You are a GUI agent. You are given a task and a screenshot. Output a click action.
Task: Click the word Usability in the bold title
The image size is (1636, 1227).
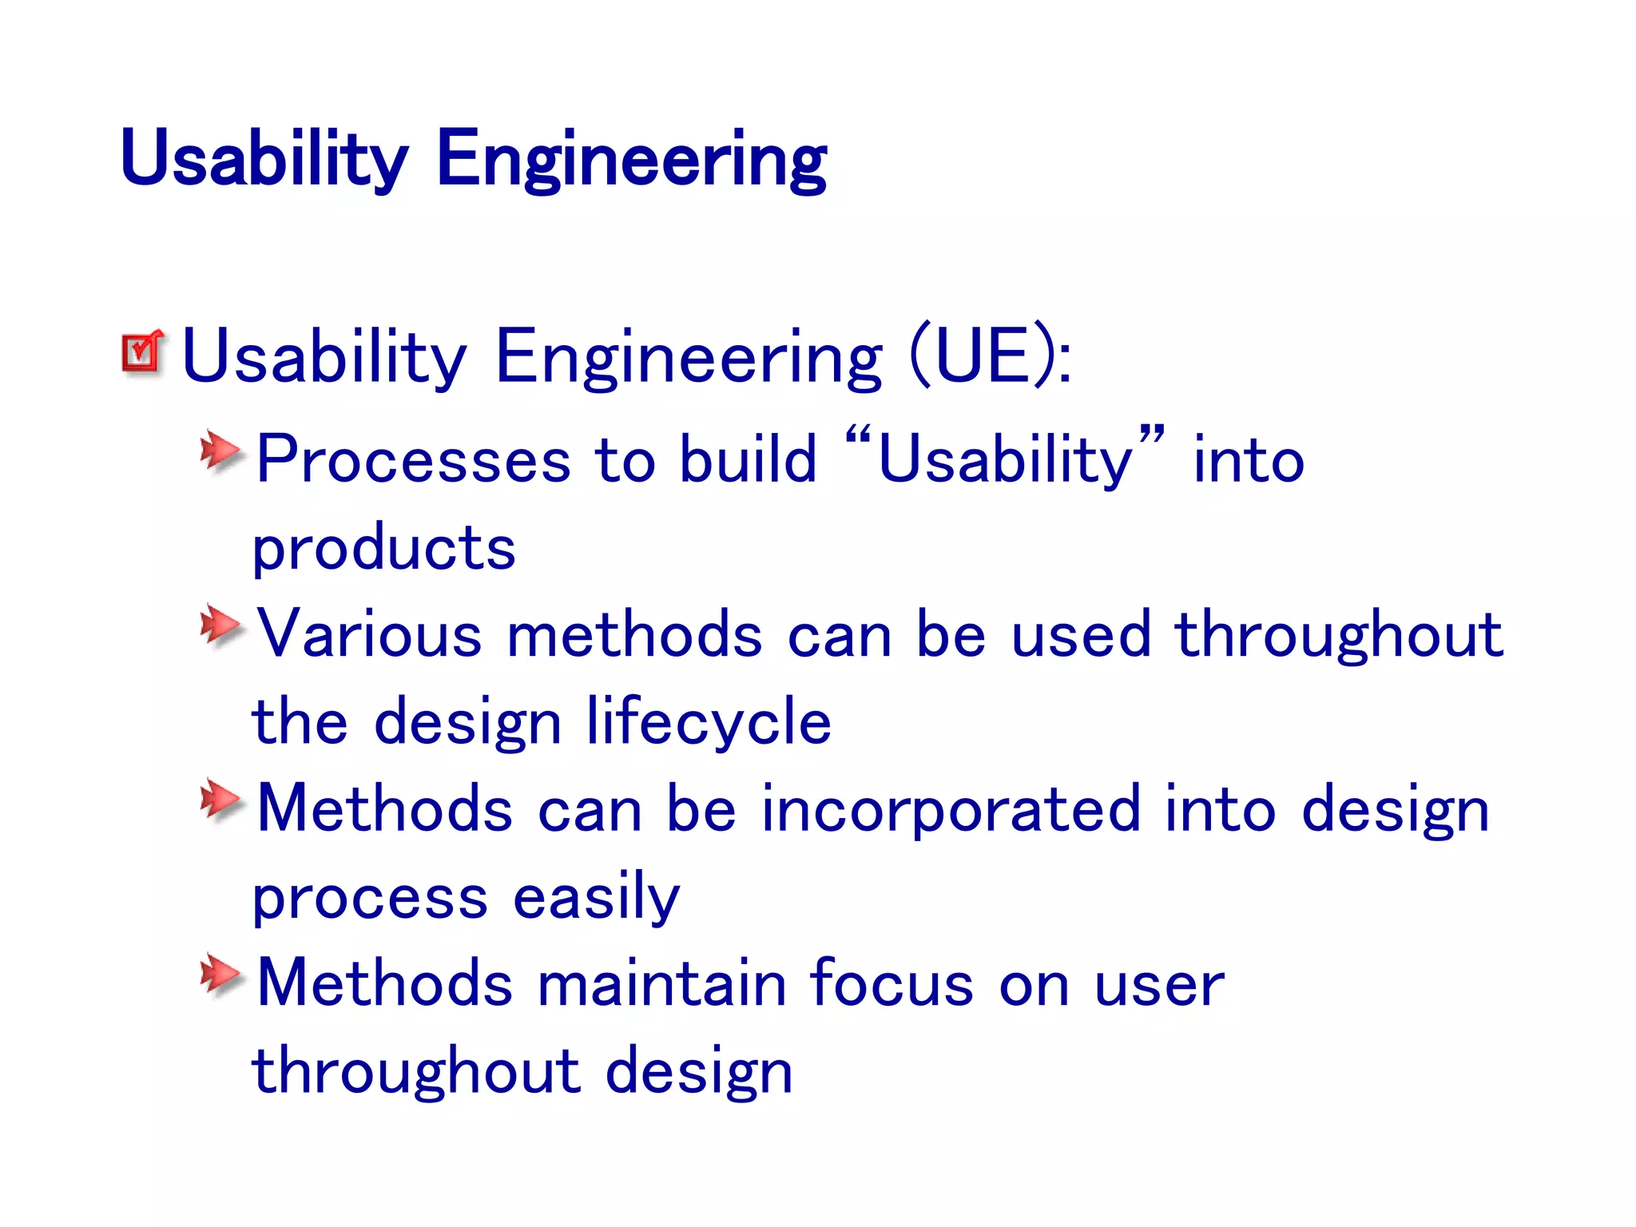pyautogui.click(x=264, y=159)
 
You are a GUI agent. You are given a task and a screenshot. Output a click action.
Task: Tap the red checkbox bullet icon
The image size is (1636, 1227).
pyautogui.click(x=142, y=351)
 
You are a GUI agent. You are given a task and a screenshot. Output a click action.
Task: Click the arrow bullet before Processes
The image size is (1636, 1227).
pyautogui.click(x=220, y=452)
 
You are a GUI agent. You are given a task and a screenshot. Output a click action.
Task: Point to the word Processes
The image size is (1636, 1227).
pyautogui.click(x=413, y=461)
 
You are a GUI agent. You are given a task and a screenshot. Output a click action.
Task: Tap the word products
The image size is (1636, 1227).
pyautogui.click(x=383, y=550)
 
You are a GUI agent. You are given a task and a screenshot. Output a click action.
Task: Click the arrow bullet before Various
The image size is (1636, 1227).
pyautogui.click(x=220, y=625)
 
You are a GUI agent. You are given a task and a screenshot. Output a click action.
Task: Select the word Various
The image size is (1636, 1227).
pyautogui.click(x=368, y=635)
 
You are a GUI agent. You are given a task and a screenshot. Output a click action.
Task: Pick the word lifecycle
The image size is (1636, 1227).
pyautogui.click(x=709, y=721)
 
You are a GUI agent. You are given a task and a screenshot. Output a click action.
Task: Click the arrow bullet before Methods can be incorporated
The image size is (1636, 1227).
pyautogui.click(x=220, y=800)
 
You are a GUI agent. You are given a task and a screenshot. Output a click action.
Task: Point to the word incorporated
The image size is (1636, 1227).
pyautogui.click(x=950, y=810)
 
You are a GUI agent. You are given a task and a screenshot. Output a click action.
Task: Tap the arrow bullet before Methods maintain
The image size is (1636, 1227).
pyautogui.click(x=220, y=974)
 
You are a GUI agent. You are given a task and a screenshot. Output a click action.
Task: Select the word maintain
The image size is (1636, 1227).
pyautogui.click(x=661, y=984)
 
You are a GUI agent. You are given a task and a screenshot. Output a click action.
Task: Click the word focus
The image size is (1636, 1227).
pyautogui.click(x=891, y=984)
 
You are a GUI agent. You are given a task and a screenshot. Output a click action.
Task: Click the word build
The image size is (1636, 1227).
pyautogui.click(x=748, y=461)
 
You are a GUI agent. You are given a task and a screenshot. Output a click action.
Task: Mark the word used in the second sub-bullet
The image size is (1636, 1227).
pyautogui.click(x=1080, y=635)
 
